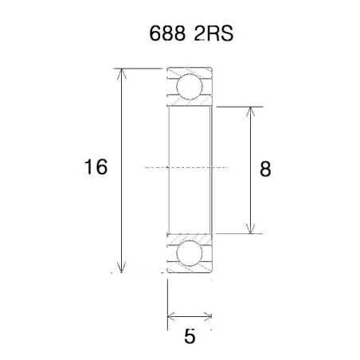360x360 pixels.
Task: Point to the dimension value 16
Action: click(95, 168)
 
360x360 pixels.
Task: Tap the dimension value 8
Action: click(266, 169)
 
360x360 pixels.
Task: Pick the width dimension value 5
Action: click(190, 336)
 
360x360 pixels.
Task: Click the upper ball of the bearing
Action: click(190, 85)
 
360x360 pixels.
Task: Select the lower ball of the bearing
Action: click(190, 253)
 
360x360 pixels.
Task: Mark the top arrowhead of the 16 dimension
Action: click(122, 74)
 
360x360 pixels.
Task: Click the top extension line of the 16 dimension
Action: click(143, 68)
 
